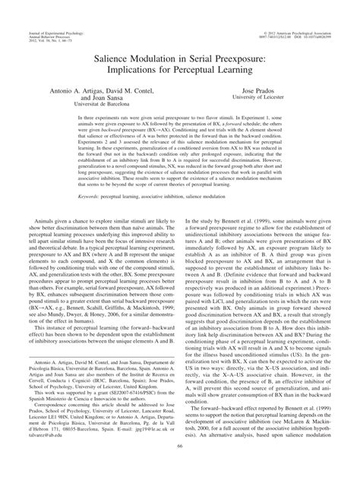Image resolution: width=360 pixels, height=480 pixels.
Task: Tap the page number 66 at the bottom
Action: (180, 469)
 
